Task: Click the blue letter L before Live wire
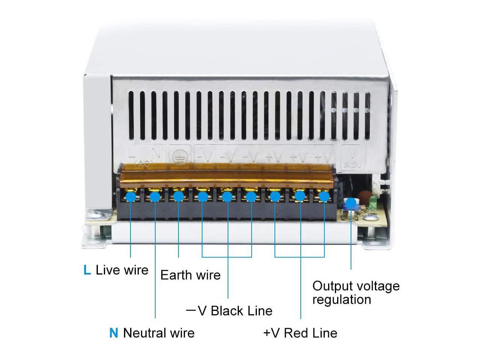(87, 270)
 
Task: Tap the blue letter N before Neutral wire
(114, 333)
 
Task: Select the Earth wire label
(190, 275)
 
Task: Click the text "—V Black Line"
(229, 311)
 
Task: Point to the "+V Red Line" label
(300, 333)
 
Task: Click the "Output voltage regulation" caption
(355, 292)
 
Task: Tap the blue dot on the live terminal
(130, 196)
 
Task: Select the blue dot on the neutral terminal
(155, 196)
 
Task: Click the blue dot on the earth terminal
(178, 196)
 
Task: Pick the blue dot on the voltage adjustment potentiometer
(351, 203)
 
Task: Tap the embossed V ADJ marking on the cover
(352, 158)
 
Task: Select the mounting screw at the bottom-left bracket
(96, 215)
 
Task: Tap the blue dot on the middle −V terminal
(227, 196)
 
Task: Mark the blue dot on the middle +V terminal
(300, 196)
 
